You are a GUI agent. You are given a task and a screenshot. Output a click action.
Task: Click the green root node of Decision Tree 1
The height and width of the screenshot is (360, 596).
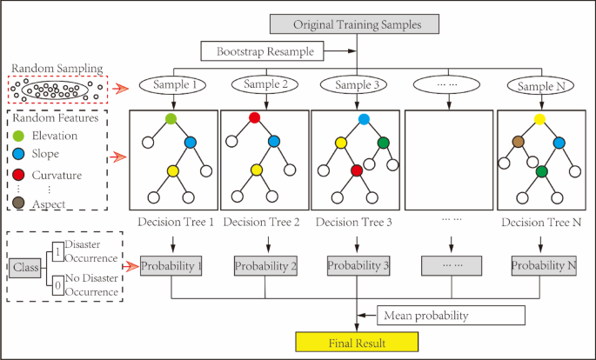pos(171,118)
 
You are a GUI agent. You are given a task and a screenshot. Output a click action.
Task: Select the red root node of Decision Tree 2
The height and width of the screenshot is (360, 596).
pos(255,118)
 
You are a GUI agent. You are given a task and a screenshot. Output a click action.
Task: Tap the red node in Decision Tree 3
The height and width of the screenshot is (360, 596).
pos(355,171)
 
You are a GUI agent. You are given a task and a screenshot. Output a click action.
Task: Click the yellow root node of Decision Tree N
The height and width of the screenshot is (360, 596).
pos(539,118)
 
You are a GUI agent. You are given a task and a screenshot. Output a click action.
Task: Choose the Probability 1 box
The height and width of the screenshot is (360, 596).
pos(172,264)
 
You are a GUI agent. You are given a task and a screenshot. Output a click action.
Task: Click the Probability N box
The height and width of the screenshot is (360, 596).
pos(544,264)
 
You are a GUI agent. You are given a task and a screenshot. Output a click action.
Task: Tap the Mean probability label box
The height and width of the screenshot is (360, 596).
pos(451,314)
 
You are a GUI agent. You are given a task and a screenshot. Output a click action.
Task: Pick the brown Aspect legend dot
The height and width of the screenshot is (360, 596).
pos(17,204)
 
